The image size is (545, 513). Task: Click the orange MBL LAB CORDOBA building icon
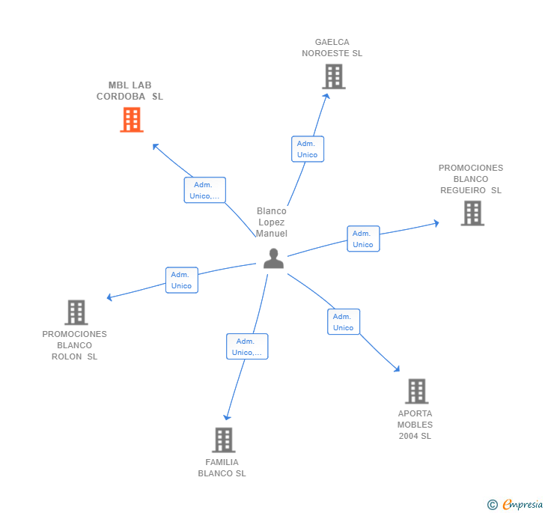pos(132,120)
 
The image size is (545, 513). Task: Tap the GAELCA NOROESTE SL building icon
pos(333,76)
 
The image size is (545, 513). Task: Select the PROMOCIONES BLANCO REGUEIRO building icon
pos(472,213)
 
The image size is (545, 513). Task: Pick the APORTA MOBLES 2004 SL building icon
pos(416,391)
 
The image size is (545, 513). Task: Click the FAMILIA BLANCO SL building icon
pos(223,440)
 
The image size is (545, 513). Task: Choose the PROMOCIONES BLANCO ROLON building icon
pos(76,312)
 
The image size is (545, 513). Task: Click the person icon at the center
pos(273,258)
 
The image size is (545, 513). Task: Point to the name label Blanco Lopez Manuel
pos(271,222)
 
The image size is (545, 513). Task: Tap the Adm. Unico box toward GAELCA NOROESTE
pos(307,149)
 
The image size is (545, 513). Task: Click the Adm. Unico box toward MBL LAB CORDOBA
pos(204,190)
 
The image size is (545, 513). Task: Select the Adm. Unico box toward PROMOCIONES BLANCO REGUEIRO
pos(363,239)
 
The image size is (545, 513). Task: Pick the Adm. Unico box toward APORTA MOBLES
pos(343,322)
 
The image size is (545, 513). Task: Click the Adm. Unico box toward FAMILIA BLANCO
pos(247,347)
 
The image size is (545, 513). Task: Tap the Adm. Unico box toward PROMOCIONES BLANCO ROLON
pos(181,280)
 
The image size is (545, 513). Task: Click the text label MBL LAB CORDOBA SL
pos(130,91)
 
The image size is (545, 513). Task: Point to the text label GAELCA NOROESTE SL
pos(332,48)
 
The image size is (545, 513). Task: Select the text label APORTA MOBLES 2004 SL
pos(415,425)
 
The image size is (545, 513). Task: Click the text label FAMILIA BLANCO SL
pos(222,467)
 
